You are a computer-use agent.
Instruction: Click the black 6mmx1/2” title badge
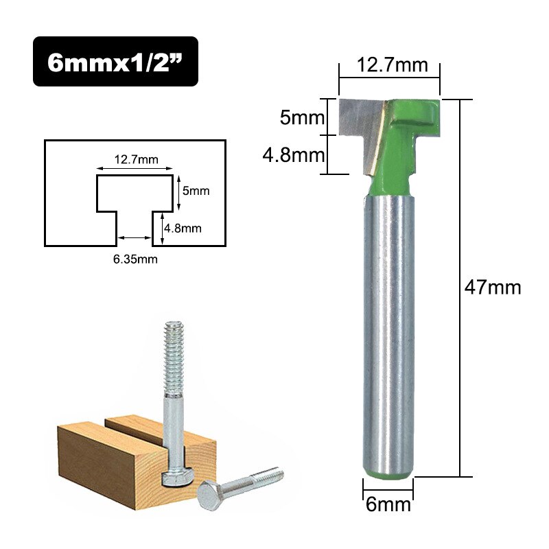click(x=115, y=61)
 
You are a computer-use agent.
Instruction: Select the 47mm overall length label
click(x=493, y=287)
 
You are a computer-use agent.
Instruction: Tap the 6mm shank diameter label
click(x=388, y=505)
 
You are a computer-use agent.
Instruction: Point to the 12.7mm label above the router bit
click(x=389, y=66)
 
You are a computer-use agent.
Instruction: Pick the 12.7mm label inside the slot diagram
click(x=135, y=160)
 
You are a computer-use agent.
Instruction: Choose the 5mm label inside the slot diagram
click(x=196, y=191)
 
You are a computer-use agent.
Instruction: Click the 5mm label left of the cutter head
click(x=301, y=118)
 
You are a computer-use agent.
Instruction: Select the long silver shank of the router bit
click(x=388, y=329)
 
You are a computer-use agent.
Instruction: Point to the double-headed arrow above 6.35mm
click(x=135, y=238)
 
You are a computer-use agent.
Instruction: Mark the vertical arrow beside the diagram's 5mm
click(x=178, y=192)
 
